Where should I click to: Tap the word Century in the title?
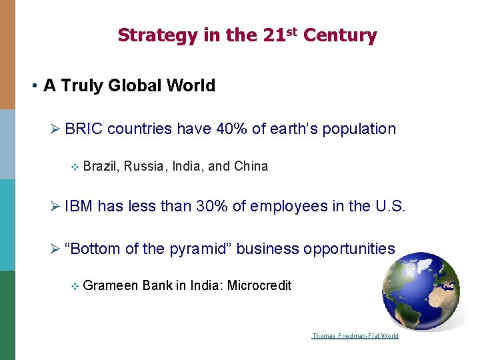point(340,35)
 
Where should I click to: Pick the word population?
point(359,129)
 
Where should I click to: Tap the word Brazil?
point(99,167)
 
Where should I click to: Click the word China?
point(251,167)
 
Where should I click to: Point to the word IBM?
point(79,207)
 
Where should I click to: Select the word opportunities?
point(349,249)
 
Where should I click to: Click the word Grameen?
point(111,286)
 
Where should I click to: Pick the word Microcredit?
point(259,286)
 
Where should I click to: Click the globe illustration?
point(421,291)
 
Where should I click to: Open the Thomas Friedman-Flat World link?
point(355,335)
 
